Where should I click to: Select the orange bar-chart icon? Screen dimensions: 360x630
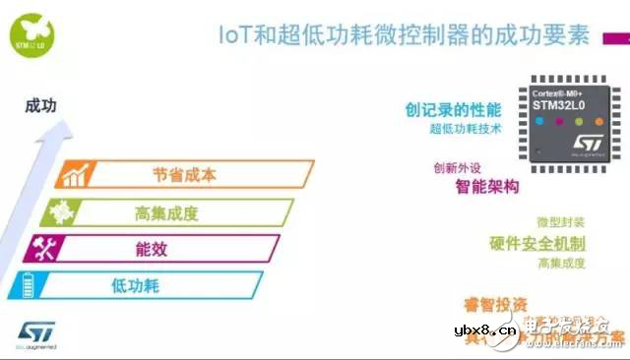click(x=75, y=176)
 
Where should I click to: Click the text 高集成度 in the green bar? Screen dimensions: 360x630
click(x=166, y=212)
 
